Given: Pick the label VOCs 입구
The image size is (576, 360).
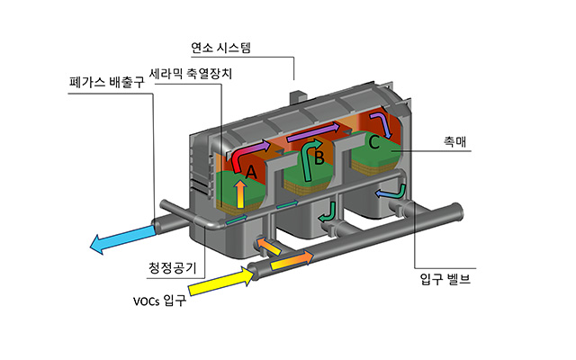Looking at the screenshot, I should [153, 300].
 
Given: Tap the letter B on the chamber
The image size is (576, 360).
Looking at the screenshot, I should [318, 159].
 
